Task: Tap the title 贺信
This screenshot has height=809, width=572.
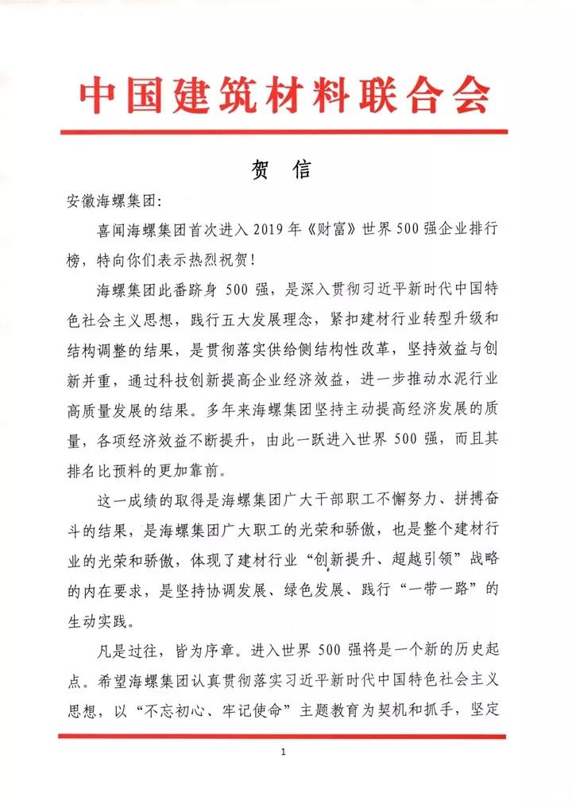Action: click(x=284, y=170)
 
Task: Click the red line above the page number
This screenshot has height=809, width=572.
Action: click(x=283, y=737)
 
